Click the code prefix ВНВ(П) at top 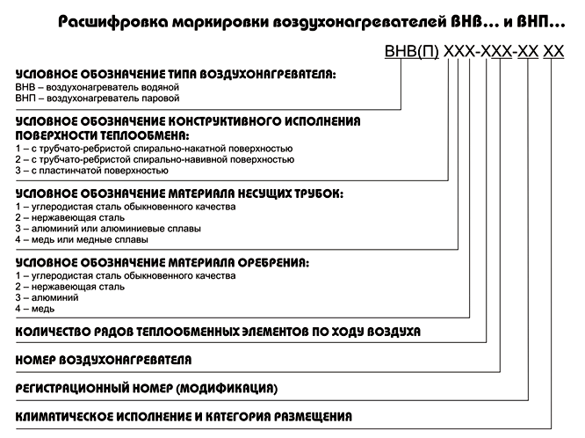pos(411,52)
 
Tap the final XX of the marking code pos(553,52)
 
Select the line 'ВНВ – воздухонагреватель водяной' pos(97,87)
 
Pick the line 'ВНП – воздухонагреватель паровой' pos(97,99)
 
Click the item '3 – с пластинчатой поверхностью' pos(91,171)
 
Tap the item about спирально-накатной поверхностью pos(154,149)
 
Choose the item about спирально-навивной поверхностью pos(155,159)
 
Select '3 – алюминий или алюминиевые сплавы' pos(108,229)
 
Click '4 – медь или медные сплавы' pos(82,239)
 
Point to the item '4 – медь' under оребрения pos(35,309)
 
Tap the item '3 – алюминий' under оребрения pos(47,298)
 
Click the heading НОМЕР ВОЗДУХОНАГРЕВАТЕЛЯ pos(104,361)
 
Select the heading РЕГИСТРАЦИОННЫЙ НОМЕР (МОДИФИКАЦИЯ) pos(147,389)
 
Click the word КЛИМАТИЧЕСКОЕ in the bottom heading pos(64,417)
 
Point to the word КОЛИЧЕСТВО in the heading pos(53,332)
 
